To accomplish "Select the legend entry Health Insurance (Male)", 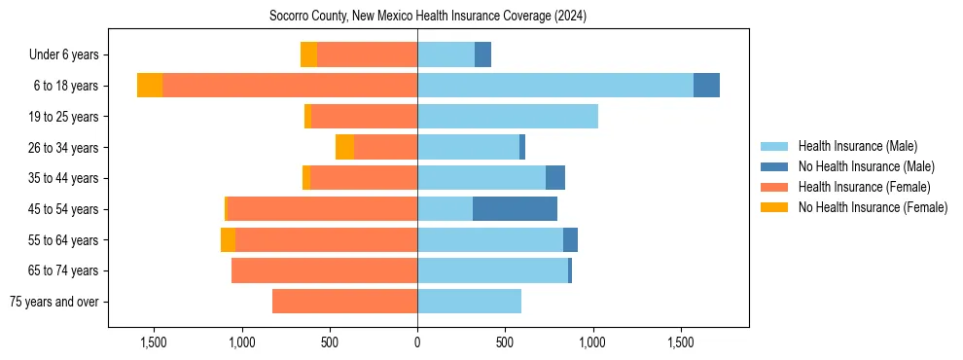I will click(x=857, y=146).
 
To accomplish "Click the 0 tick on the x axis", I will click(x=417, y=342).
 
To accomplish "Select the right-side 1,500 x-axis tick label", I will click(x=680, y=342).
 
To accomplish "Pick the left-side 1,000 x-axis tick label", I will click(x=241, y=342).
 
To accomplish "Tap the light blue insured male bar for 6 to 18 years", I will click(x=554, y=86).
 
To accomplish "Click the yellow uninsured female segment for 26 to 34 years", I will click(x=344, y=147).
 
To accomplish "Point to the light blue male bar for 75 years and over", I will click(x=469, y=302).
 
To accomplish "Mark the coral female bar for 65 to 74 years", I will click(x=324, y=270).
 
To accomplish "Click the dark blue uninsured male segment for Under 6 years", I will click(x=482, y=55).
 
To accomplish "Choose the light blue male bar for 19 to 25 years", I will click(x=507, y=117).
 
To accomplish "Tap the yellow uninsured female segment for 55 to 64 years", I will click(x=228, y=240).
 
